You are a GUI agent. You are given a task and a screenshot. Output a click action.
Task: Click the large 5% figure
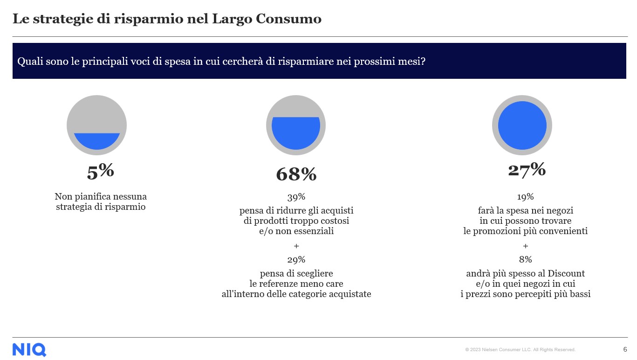[x=100, y=172]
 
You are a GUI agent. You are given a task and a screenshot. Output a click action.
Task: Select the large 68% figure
[x=296, y=174]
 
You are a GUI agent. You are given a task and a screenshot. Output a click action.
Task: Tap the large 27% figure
[x=527, y=170]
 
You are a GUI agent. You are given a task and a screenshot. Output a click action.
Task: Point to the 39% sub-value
[x=296, y=197]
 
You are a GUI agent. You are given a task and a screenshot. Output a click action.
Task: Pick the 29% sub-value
[x=296, y=260]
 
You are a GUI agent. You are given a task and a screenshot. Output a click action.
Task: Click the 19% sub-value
[x=525, y=197]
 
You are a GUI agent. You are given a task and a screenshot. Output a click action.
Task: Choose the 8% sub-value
[x=525, y=260]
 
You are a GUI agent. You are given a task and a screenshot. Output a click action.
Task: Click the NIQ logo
[x=29, y=350]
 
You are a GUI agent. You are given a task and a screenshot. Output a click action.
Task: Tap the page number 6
[x=625, y=349]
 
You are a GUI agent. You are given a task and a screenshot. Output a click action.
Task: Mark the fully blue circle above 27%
[x=522, y=125]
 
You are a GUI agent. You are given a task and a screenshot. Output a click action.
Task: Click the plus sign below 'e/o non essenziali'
[x=296, y=246]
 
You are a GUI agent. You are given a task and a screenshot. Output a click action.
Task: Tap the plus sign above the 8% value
[x=525, y=246]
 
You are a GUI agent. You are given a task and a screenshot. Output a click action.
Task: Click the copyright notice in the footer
[x=520, y=350]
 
